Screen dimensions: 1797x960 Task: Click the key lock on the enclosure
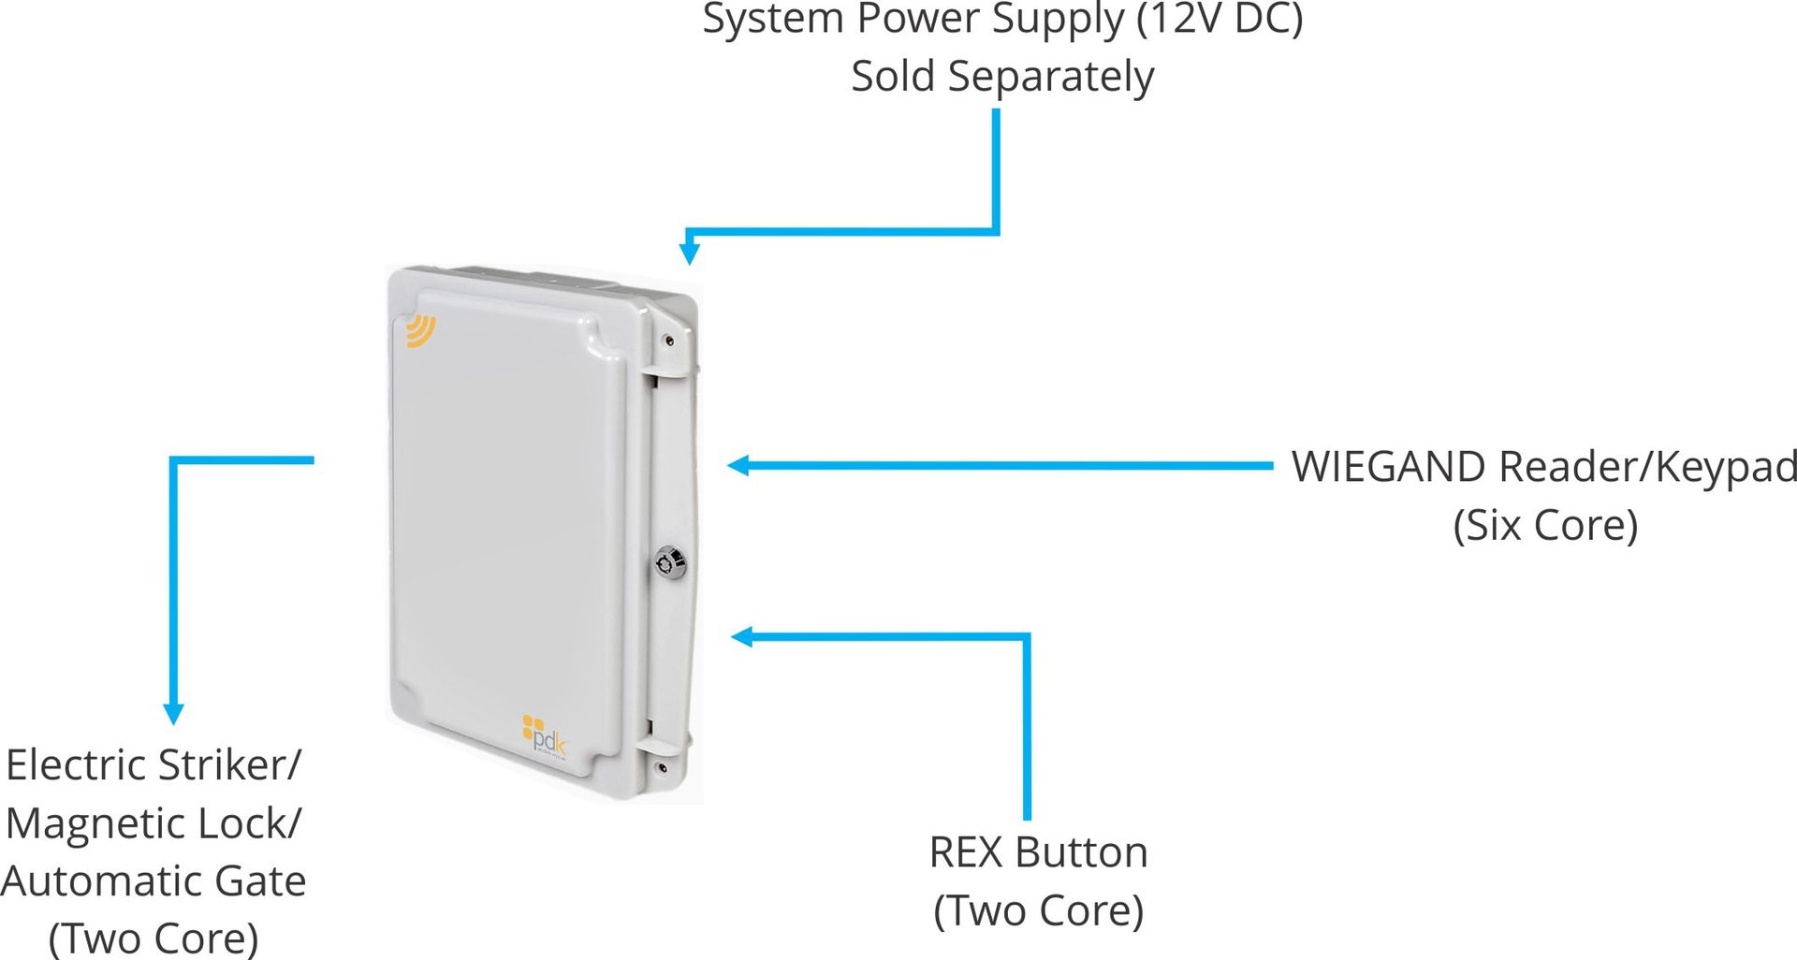coord(671,561)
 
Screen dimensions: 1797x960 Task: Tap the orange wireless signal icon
coord(420,330)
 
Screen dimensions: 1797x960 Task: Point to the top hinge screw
coord(668,341)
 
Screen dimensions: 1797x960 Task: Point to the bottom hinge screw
coord(662,768)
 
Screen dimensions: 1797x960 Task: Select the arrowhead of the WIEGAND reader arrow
coord(738,465)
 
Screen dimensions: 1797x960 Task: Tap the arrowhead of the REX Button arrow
coord(741,637)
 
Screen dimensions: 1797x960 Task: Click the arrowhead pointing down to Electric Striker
coord(173,714)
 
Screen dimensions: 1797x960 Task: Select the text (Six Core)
coord(1545,525)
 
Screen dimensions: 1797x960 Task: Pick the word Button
coord(1081,852)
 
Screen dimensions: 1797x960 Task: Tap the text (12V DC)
coord(1220,20)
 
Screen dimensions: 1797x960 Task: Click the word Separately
coord(1051,78)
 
